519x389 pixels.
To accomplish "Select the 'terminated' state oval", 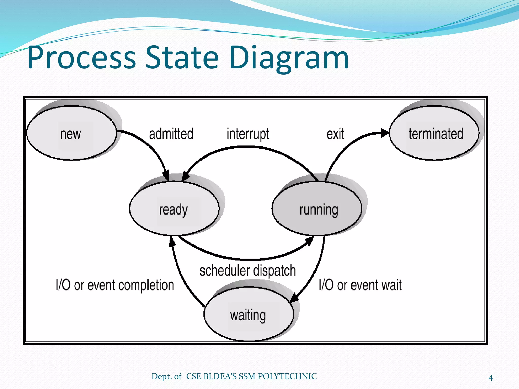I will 434,133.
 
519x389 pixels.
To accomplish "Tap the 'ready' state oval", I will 174,209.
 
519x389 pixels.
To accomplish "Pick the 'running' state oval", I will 317,209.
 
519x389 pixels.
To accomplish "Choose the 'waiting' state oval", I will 249,314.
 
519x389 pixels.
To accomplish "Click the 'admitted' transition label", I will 171,134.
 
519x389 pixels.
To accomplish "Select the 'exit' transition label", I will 335,134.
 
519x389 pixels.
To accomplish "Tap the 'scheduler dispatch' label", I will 248,270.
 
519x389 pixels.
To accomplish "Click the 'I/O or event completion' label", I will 115,285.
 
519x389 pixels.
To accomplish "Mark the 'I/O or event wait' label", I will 360,285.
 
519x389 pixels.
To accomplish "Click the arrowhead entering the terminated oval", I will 385,133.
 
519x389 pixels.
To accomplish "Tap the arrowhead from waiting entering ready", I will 172,242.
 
